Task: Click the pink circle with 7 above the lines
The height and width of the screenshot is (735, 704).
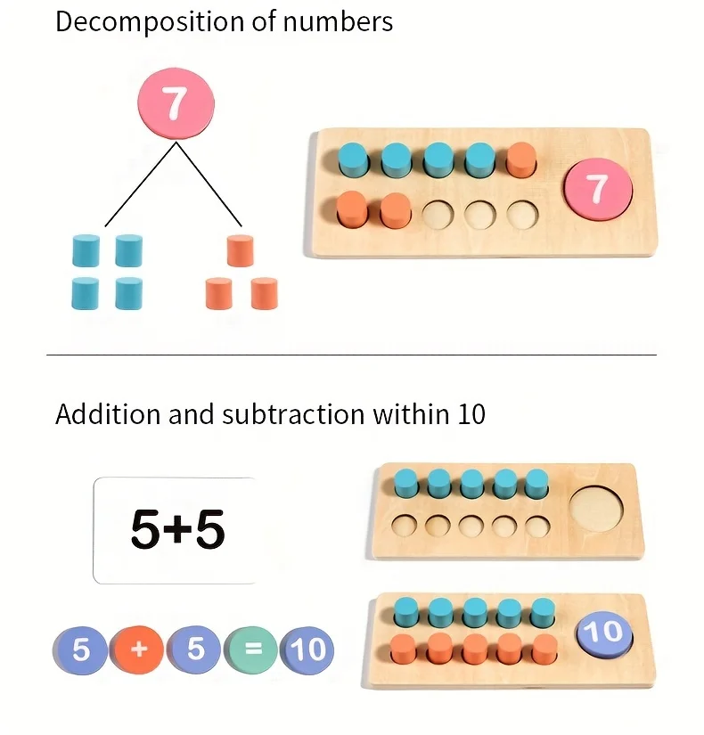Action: coord(175,103)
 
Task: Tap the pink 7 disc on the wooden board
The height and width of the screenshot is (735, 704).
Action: coord(597,189)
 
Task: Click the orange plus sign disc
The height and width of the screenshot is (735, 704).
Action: coord(138,649)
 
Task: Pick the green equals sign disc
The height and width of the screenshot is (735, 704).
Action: coord(252,649)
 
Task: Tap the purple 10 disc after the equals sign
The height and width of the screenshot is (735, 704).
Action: coord(307,649)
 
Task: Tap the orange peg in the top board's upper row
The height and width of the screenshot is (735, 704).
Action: coord(521,161)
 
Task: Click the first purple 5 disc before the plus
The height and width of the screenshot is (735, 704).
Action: coord(80,649)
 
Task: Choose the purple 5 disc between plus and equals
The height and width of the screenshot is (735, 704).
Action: coord(195,649)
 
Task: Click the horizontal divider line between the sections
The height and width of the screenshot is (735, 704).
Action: coord(351,355)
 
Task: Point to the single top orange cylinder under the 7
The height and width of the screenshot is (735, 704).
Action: coord(241,250)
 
